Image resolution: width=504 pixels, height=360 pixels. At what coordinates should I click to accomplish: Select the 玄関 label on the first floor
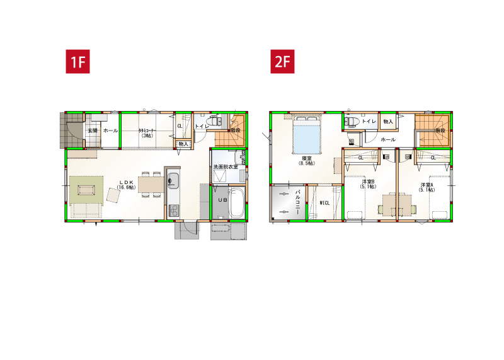92,130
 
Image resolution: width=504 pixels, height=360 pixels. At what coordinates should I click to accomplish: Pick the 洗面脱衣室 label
225,166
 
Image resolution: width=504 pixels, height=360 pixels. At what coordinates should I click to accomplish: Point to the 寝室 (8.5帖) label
307,160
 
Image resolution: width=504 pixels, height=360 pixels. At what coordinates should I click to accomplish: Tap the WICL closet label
325,203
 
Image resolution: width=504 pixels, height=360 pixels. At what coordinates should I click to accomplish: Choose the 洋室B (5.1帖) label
368,184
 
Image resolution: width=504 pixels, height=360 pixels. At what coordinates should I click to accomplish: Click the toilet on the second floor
352,121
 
